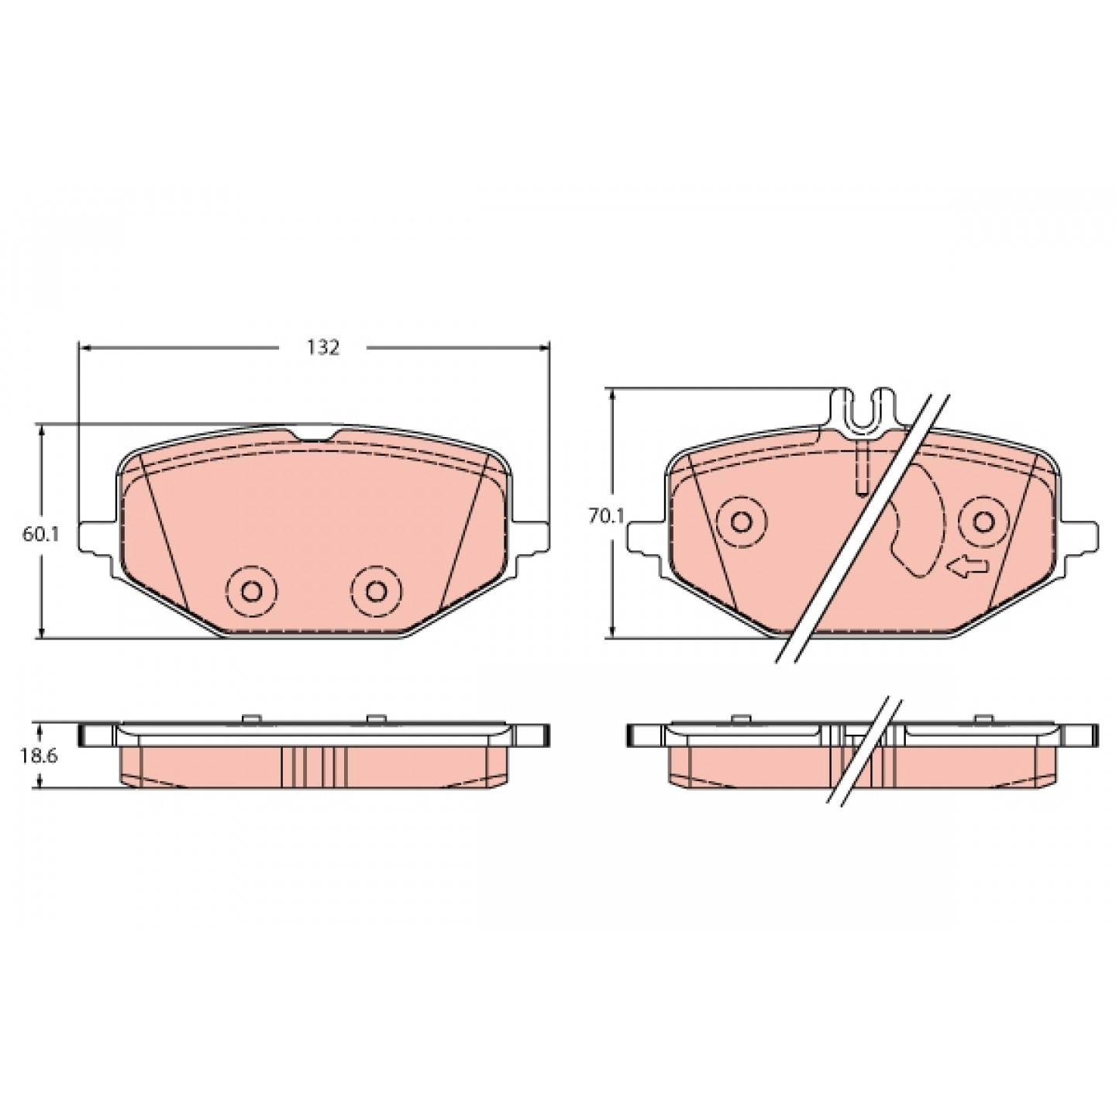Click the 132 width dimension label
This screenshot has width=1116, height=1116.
coord(322,347)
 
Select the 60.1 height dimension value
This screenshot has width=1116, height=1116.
coord(40,533)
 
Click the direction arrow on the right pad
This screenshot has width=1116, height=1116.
coord(968,570)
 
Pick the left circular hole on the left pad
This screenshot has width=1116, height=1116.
coord(251,591)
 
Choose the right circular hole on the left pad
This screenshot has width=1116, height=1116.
coord(377,591)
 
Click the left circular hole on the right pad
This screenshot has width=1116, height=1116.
coord(742,522)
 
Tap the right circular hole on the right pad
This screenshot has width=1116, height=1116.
coord(983,522)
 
